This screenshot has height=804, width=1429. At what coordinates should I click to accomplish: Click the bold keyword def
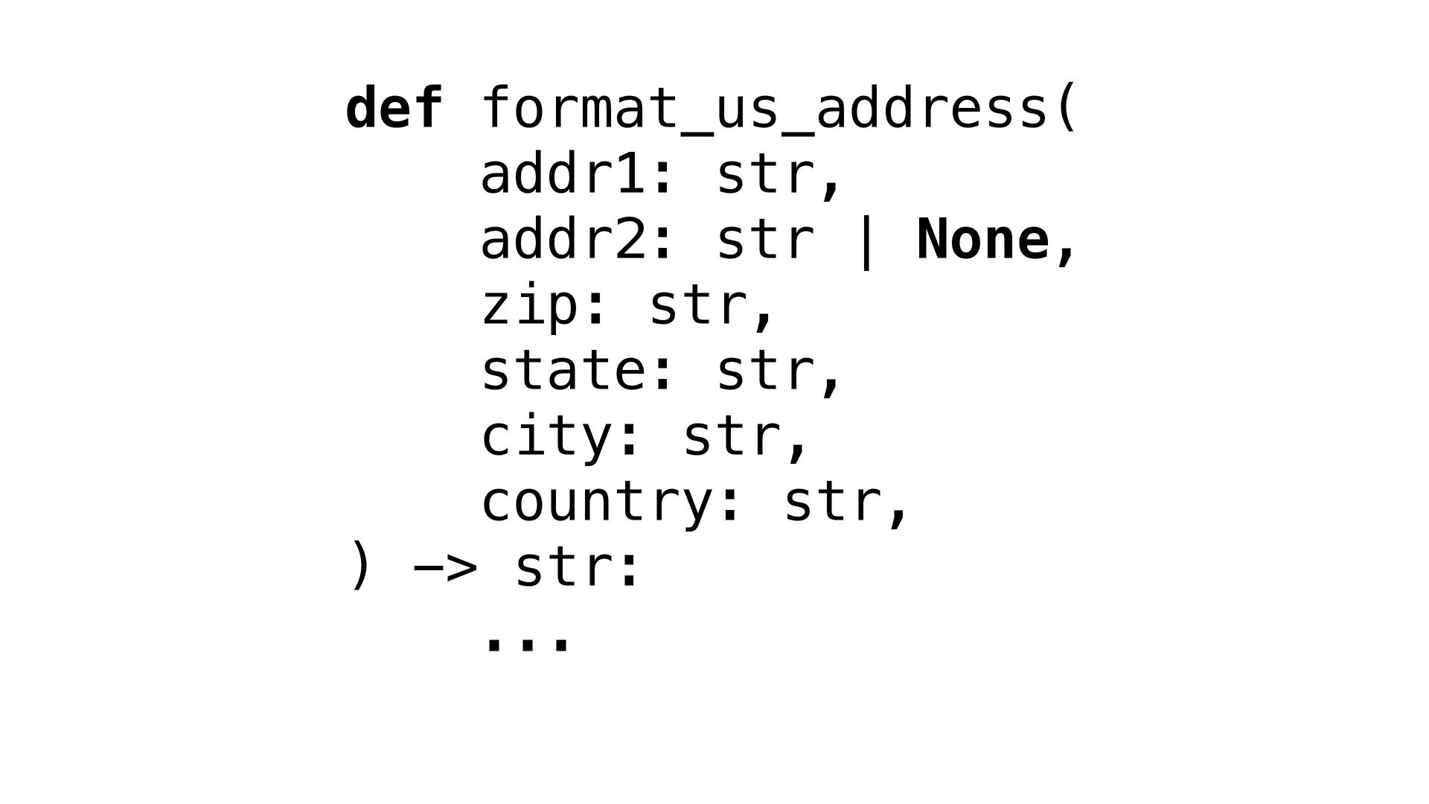click(x=394, y=109)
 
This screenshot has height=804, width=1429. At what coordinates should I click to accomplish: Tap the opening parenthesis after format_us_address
click(x=1066, y=109)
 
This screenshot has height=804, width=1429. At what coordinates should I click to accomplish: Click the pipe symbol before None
click(x=865, y=241)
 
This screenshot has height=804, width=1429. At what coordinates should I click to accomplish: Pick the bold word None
click(x=982, y=240)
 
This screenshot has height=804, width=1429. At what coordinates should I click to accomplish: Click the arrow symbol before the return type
click(x=445, y=569)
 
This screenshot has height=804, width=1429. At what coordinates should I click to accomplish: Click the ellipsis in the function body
click(x=528, y=642)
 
